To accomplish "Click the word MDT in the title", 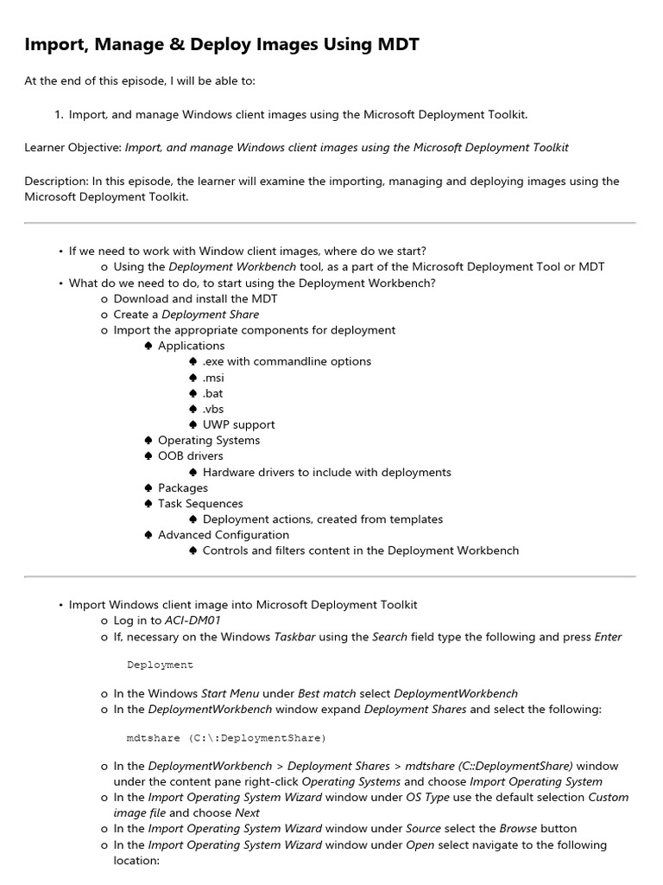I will point(395,45).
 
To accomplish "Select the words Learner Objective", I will point(73,148).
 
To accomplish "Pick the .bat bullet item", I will point(212,393).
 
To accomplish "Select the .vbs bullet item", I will point(212,409).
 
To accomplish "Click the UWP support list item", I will point(238,425).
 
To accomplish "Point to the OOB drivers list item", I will point(190,456).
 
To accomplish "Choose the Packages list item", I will point(182,488).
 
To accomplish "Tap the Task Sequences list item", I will point(200,504).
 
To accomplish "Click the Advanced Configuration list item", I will point(223,535).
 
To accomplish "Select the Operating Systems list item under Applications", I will point(208,441).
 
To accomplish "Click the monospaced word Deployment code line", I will point(160,665).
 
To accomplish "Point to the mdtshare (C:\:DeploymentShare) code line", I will point(226,738).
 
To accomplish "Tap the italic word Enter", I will point(608,637).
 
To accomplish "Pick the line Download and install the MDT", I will point(195,299).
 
